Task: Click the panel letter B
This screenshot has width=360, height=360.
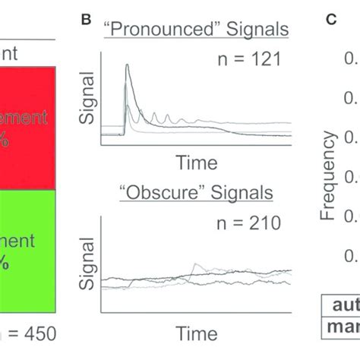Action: (x=88, y=18)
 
